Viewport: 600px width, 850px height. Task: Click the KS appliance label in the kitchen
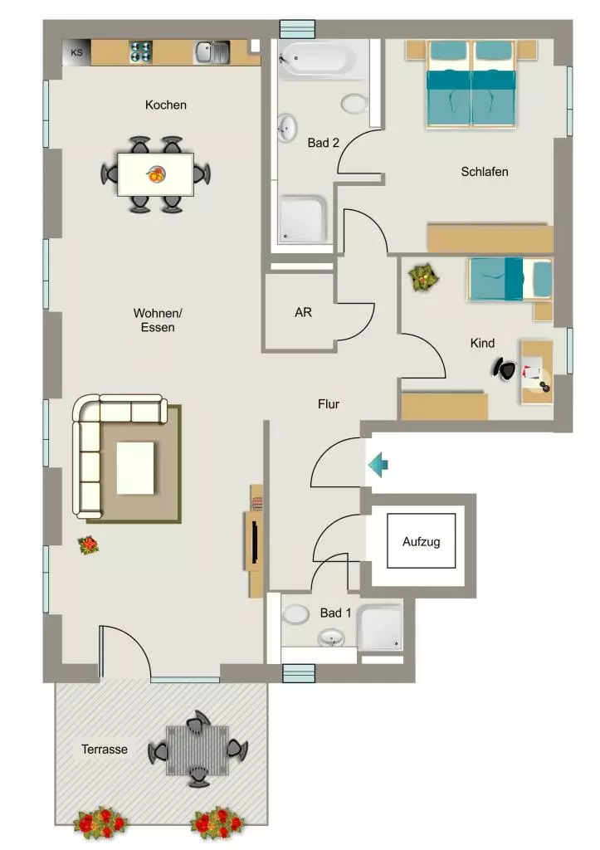(77, 52)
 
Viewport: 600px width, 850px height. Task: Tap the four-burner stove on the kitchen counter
(140, 52)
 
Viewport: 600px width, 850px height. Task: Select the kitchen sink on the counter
(212, 52)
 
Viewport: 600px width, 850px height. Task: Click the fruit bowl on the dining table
(155, 174)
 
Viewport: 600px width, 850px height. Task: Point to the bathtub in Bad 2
(318, 59)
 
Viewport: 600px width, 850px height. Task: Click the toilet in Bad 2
(355, 104)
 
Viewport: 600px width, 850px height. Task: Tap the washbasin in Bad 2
(287, 128)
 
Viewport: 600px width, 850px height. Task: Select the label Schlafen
(485, 172)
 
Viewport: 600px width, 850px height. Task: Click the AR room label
(303, 312)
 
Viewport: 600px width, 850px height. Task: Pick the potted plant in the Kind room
(423, 277)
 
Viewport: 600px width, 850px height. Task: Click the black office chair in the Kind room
(505, 369)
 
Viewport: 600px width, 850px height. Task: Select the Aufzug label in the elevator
(421, 541)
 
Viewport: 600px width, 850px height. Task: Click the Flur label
(329, 404)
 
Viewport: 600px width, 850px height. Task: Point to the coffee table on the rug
(135, 468)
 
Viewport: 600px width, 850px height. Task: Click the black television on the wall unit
(254, 540)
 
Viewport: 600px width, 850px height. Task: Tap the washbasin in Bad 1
(331, 637)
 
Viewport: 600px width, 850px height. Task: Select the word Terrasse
(105, 750)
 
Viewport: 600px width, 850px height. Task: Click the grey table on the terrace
(198, 750)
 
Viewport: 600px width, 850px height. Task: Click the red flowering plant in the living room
(88, 545)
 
